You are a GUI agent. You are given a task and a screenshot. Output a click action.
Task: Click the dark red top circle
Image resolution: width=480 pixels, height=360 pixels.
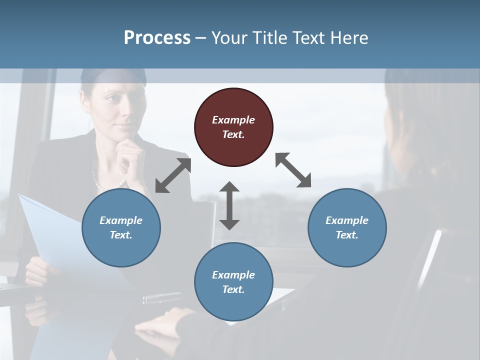pos(233,127)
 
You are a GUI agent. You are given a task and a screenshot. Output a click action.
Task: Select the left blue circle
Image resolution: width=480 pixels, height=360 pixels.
pos(121,227)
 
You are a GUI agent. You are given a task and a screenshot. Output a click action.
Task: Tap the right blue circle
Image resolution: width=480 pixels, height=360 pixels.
pos(347,227)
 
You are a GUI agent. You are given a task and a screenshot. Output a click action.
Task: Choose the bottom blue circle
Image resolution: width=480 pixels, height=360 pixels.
pos(233,282)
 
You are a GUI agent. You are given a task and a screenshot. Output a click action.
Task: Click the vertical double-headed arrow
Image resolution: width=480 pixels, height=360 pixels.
pos(229,205)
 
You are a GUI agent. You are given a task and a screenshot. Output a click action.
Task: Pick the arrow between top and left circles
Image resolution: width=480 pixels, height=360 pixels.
pos(173,175)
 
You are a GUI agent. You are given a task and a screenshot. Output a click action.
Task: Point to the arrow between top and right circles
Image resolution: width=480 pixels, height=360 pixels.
pos(293,170)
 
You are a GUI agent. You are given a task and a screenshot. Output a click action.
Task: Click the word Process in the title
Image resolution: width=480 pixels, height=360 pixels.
pos(157,38)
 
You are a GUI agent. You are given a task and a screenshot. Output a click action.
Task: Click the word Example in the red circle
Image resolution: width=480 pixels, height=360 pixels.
pos(233,120)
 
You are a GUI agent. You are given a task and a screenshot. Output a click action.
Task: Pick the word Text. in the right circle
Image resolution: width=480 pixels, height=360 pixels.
pos(347,235)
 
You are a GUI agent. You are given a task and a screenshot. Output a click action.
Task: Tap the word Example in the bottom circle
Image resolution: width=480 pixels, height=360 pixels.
pos(233,275)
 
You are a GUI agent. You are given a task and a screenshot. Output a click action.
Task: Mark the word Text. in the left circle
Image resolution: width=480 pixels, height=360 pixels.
pos(121,235)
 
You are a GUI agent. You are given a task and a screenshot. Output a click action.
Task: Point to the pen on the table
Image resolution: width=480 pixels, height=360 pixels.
pos(161,298)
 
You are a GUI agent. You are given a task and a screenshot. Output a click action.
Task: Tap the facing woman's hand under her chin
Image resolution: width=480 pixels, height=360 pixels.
pos(129,152)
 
